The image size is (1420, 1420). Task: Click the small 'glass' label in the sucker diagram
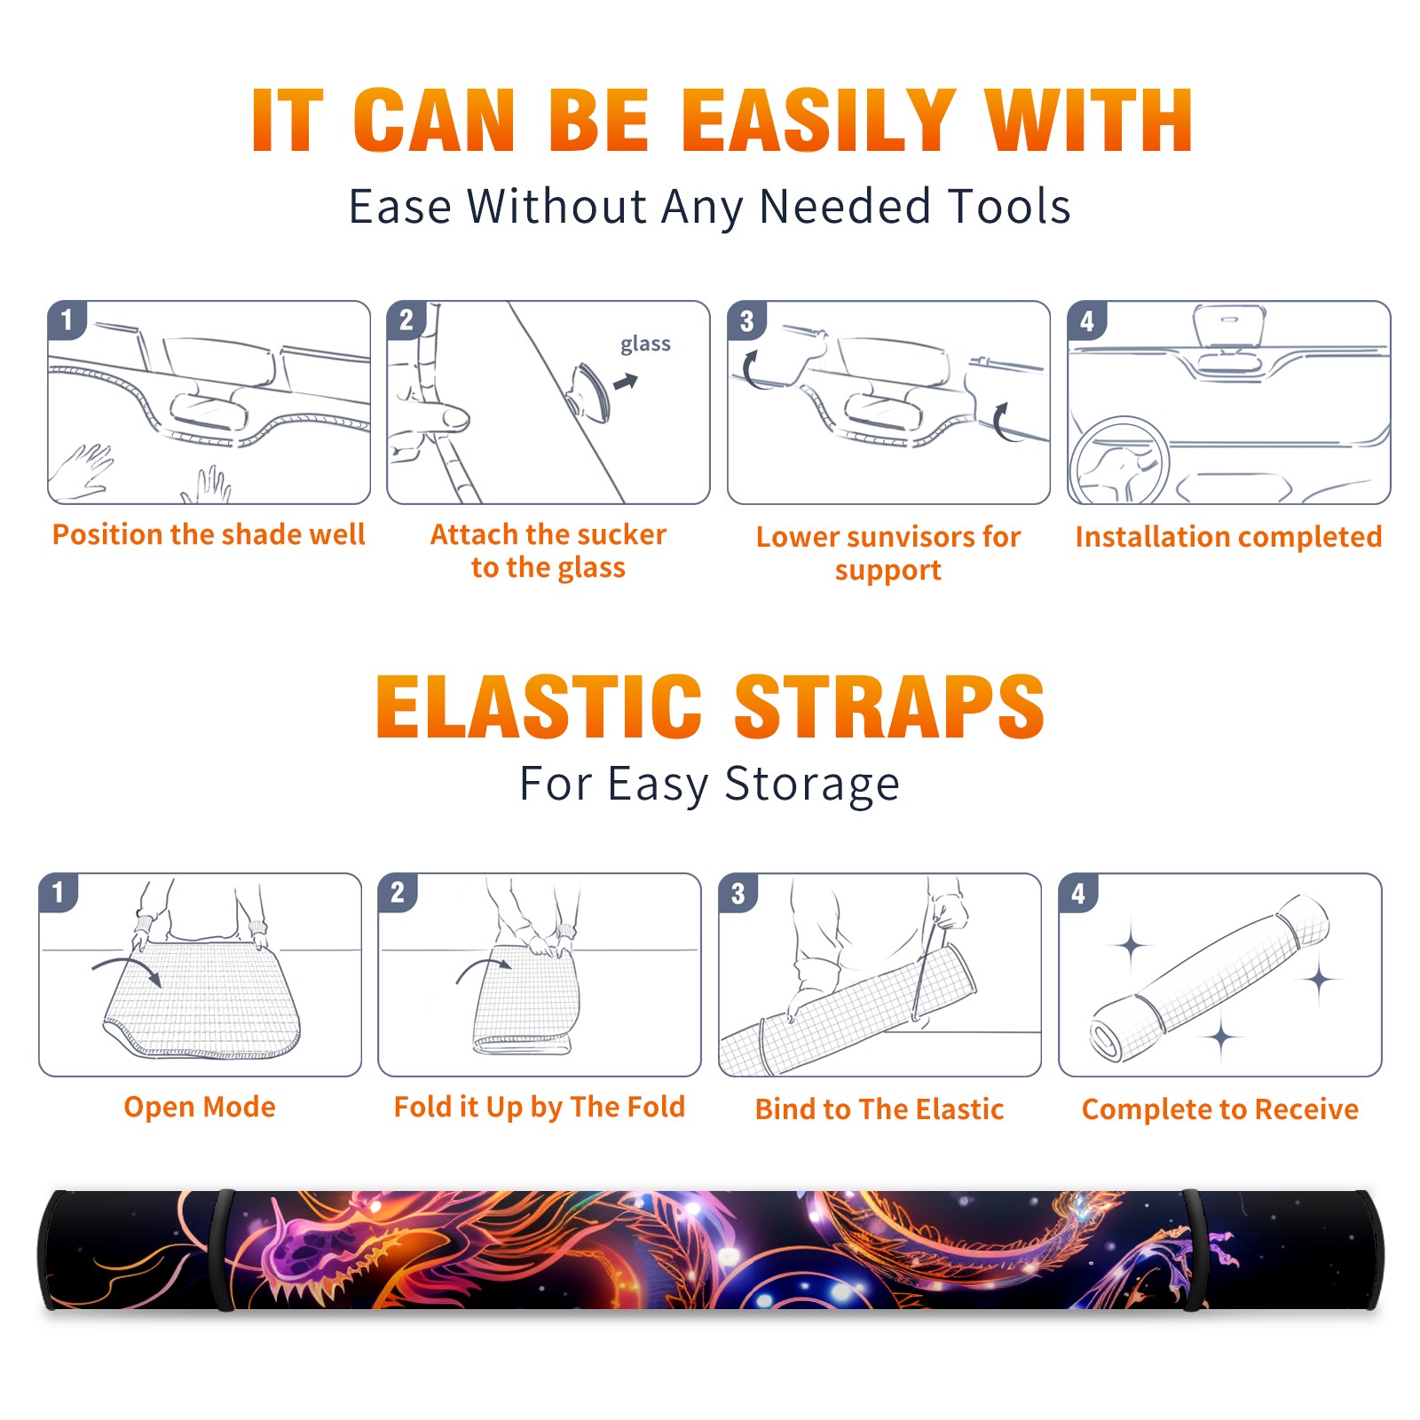point(645,343)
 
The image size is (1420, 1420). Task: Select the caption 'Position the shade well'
point(209,534)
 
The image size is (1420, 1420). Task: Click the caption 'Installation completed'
point(1228,537)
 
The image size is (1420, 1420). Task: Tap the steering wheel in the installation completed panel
point(1119,461)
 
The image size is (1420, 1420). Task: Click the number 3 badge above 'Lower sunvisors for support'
point(746,320)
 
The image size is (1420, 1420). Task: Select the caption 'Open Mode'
point(200,1107)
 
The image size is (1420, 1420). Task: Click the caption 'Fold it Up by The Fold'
point(540,1107)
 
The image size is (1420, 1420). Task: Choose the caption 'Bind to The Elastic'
point(880,1109)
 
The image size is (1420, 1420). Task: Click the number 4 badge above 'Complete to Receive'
point(1078,893)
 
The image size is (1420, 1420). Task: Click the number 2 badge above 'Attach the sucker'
point(406,320)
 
